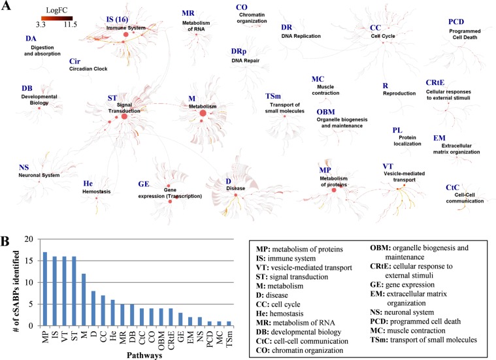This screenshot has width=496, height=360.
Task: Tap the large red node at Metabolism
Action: point(203,114)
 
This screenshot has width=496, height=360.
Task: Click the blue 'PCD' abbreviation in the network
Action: point(456,22)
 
